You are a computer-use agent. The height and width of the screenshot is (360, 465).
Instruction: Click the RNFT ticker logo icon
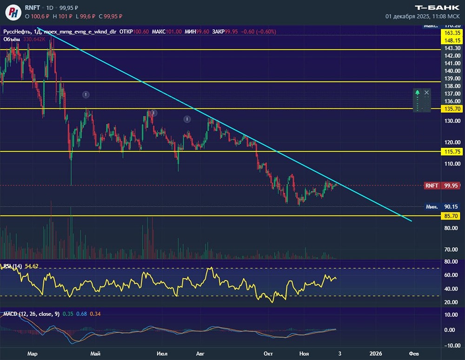coord(14,12)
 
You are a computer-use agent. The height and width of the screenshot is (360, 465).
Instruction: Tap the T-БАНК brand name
coord(437,7)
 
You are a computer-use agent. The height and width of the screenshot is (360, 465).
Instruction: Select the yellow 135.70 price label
coord(452,109)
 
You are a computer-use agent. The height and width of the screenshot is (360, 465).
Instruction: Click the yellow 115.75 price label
coord(452,152)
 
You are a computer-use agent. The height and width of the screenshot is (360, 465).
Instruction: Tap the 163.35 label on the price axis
coord(452,33)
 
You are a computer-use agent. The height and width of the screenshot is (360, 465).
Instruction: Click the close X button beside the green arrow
coord(427,93)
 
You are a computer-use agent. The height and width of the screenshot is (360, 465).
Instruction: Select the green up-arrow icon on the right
coord(418,93)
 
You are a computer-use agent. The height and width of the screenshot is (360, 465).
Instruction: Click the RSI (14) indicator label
coord(12,266)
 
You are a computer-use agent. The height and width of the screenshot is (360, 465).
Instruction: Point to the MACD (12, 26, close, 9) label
coord(31,314)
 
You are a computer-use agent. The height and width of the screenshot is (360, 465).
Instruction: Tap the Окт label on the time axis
coord(268,354)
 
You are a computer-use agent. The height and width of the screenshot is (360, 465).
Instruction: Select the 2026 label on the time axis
coord(375,354)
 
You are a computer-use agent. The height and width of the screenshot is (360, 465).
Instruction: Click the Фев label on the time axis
coord(413,354)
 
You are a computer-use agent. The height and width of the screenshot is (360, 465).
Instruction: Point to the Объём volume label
coord(12,39)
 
